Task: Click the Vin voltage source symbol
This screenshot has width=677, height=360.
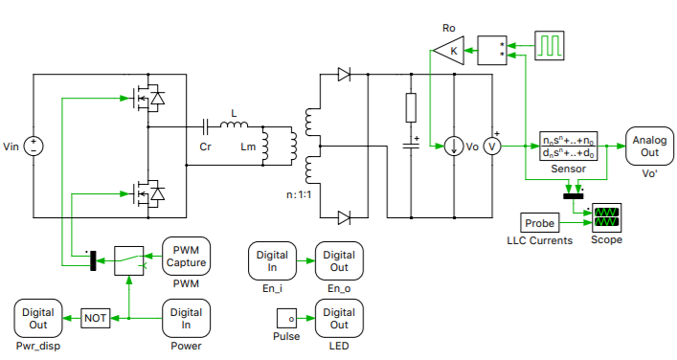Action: (34, 146)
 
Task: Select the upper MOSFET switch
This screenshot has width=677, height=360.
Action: (147, 98)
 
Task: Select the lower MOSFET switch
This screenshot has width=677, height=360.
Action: (147, 193)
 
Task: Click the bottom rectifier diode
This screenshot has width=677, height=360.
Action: (344, 217)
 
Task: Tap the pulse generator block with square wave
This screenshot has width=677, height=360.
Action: (552, 45)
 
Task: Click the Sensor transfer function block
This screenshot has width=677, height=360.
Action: (568, 146)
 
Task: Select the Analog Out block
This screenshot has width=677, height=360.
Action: (650, 146)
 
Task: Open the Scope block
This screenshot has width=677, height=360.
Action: (606, 217)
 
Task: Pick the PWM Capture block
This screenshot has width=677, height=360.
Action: (185, 257)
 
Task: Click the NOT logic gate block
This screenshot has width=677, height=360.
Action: (95, 318)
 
